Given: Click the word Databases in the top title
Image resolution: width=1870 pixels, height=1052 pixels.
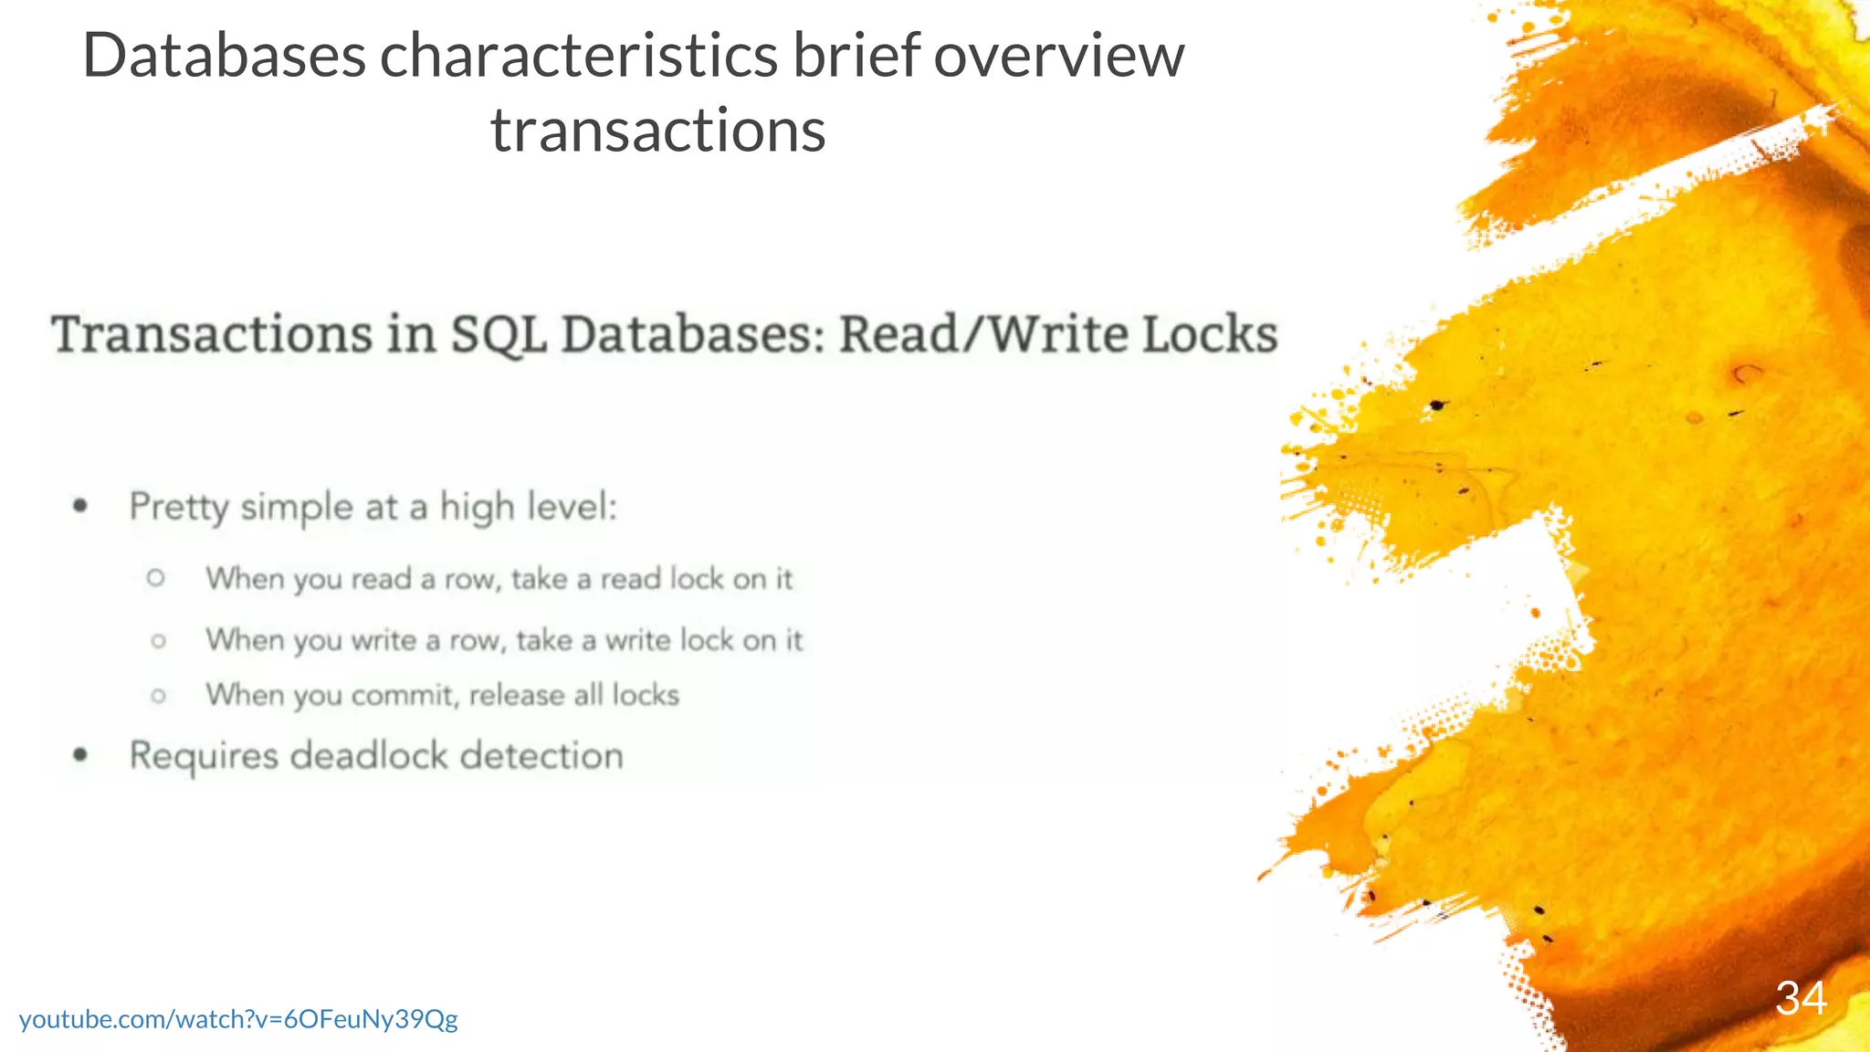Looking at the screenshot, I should tap(224, 57).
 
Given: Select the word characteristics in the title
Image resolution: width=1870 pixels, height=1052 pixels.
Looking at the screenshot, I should tap(578, 57).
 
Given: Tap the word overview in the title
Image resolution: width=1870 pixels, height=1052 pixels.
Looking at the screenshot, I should tap(1058, 57).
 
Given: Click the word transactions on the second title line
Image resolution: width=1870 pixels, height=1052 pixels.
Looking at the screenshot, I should tap(657, 131).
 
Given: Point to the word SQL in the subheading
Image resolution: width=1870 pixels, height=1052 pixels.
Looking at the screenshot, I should tap(498, 334).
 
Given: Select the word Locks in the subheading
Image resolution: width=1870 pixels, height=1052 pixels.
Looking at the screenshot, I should tap(1210, 334).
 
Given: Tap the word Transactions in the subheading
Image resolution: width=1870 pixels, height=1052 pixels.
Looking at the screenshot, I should tap(212, 334).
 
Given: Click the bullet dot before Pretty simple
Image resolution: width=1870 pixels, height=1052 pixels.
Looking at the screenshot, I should tap(81, 505).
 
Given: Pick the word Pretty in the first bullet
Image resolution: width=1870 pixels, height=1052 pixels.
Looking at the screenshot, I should tap(179, 507).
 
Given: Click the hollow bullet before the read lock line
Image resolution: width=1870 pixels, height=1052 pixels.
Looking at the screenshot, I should tap(156, 578).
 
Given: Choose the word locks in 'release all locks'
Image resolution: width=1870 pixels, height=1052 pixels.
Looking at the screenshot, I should tap(646, 696).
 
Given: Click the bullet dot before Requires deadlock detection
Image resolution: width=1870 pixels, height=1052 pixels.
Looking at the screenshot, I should tap(81, 754).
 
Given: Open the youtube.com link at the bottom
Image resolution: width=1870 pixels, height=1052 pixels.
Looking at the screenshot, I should tap(238, 1019).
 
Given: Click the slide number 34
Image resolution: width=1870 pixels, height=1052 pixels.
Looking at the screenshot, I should tap(1801, 998).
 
